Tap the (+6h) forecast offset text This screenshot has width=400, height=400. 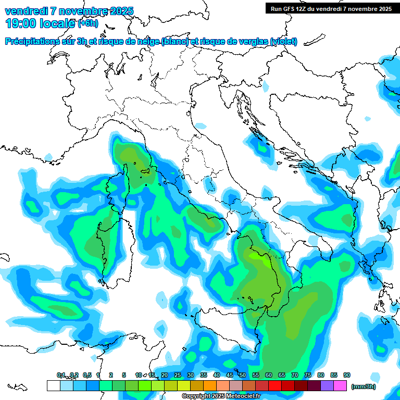(87, 23)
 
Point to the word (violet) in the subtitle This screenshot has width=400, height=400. (284, 42)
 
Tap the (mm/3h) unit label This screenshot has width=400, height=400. (363, 386)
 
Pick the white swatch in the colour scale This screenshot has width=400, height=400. (53, 385)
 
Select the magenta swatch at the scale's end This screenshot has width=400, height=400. (340, 385)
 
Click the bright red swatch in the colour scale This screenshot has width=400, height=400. (275, 385)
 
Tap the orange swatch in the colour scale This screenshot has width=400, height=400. (210, 385)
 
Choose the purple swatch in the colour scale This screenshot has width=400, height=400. (327, 385)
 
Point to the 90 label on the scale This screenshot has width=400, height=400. (347, 375)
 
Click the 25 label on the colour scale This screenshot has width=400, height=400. (178, 375)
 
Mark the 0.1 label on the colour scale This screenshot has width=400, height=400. (60, 375)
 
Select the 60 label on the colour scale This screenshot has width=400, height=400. (269, 375)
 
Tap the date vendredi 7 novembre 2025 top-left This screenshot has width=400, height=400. (69, 11)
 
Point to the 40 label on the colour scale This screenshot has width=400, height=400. (217, 375)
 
